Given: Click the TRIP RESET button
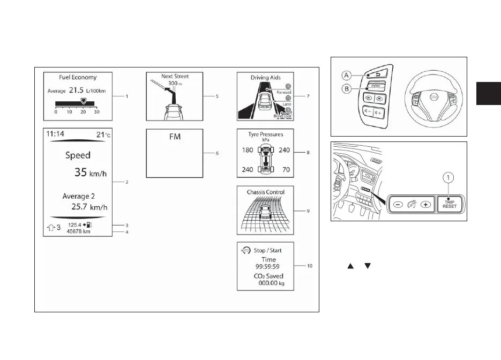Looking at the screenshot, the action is [450, 204].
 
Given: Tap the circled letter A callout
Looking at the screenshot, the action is [346, 75].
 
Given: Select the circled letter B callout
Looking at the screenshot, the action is [346, 88].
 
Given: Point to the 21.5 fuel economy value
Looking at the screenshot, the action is [77, 91].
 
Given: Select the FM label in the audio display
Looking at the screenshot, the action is [175, 137].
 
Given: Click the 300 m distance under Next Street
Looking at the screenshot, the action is [173, 84].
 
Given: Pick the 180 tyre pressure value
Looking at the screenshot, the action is [247, 151].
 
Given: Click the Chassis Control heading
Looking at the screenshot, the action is [265, 192].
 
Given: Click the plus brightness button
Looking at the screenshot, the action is [425, 205].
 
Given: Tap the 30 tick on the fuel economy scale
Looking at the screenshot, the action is [96, 111].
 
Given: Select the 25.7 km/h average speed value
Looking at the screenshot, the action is [89, 207].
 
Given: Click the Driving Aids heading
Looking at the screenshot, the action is [265, 78].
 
